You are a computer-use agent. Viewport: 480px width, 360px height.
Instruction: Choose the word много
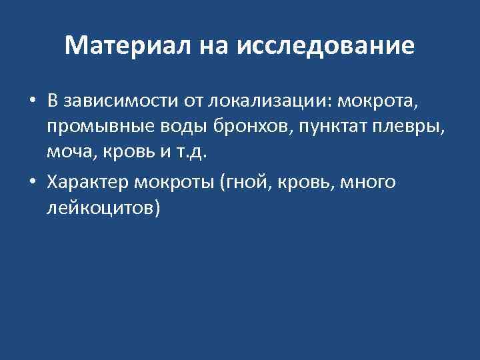click(x=368, y=183)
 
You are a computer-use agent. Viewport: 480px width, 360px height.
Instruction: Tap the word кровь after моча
click(x=128, y=151)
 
